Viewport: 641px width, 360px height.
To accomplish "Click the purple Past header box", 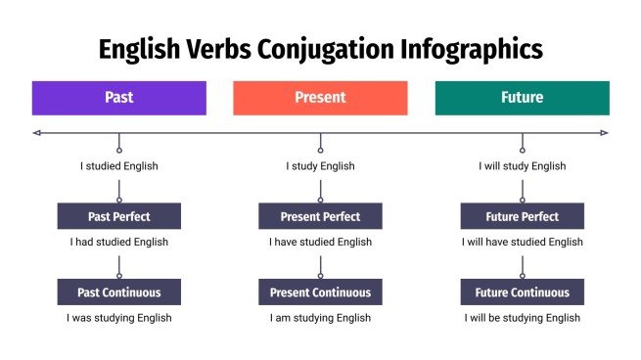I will (118, 98).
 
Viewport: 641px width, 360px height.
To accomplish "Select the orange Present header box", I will (320, 98).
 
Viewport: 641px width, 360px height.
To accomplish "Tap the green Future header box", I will (522, 98).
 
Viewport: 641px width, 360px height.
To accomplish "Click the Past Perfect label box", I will (118, 216).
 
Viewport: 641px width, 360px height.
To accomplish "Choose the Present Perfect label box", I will (320, 216).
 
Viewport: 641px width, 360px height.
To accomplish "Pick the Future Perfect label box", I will (522, 216).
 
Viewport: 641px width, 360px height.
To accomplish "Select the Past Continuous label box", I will (118, 292).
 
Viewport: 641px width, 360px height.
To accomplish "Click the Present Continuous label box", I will (320, 292).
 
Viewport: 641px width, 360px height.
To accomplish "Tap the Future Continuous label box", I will (522, 292).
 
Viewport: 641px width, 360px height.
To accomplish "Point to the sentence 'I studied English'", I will (118, 166).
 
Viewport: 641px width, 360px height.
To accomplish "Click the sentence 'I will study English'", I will (522, 166).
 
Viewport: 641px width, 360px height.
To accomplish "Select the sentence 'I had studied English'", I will (118, 242).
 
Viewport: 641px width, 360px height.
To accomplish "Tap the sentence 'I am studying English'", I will (320, 318).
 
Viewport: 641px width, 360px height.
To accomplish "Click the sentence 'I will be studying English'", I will (522, 318).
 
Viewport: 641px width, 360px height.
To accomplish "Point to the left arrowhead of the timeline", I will (36, 132).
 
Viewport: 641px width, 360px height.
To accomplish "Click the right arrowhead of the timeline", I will (604, 132).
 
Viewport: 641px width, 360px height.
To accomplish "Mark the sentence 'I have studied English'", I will (320, 242).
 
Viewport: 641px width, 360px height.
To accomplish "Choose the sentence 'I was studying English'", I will (118, 318).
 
